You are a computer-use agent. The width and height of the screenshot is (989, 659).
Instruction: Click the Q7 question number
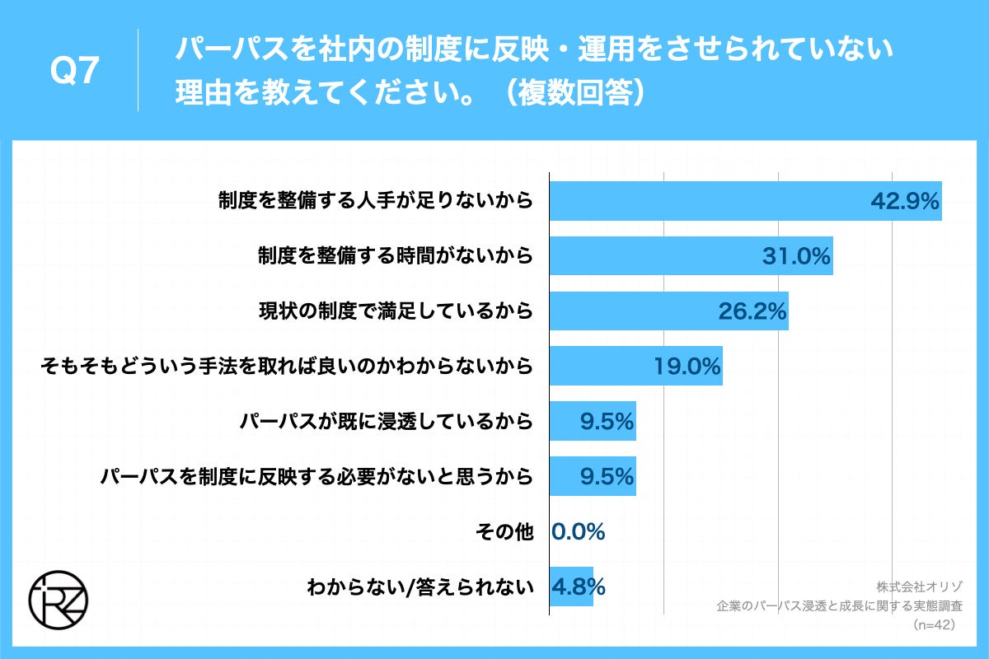click(75, 72)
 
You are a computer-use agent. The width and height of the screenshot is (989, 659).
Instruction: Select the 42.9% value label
click(905, 202)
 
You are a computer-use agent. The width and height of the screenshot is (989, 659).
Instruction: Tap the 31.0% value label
click(794, 256)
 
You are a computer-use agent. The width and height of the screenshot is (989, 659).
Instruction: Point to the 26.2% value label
click(751, 311)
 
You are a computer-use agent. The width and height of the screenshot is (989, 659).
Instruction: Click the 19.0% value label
click(687, 367)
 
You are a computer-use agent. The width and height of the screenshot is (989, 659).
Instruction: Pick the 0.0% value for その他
click(578, 531)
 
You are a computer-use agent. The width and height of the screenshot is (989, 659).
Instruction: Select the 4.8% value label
click(579, 587)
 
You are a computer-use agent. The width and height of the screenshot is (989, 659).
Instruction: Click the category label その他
click(504, 531)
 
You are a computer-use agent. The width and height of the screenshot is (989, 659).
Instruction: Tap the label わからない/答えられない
click(420, 587)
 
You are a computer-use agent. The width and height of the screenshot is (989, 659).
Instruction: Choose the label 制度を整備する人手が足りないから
click(375, 201)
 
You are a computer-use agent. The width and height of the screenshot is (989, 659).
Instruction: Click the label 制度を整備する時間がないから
click(395, 256)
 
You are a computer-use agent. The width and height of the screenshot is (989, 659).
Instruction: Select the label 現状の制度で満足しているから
click(395, 311)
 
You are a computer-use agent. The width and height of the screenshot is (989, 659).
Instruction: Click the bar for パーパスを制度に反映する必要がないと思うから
click(593, 476)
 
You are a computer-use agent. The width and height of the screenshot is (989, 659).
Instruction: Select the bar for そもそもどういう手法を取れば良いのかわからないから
click(635, 367)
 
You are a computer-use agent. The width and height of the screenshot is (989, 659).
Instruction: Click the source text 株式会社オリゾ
click(915, 587)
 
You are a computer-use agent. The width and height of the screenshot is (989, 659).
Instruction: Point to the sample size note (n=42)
click(933, 625)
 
